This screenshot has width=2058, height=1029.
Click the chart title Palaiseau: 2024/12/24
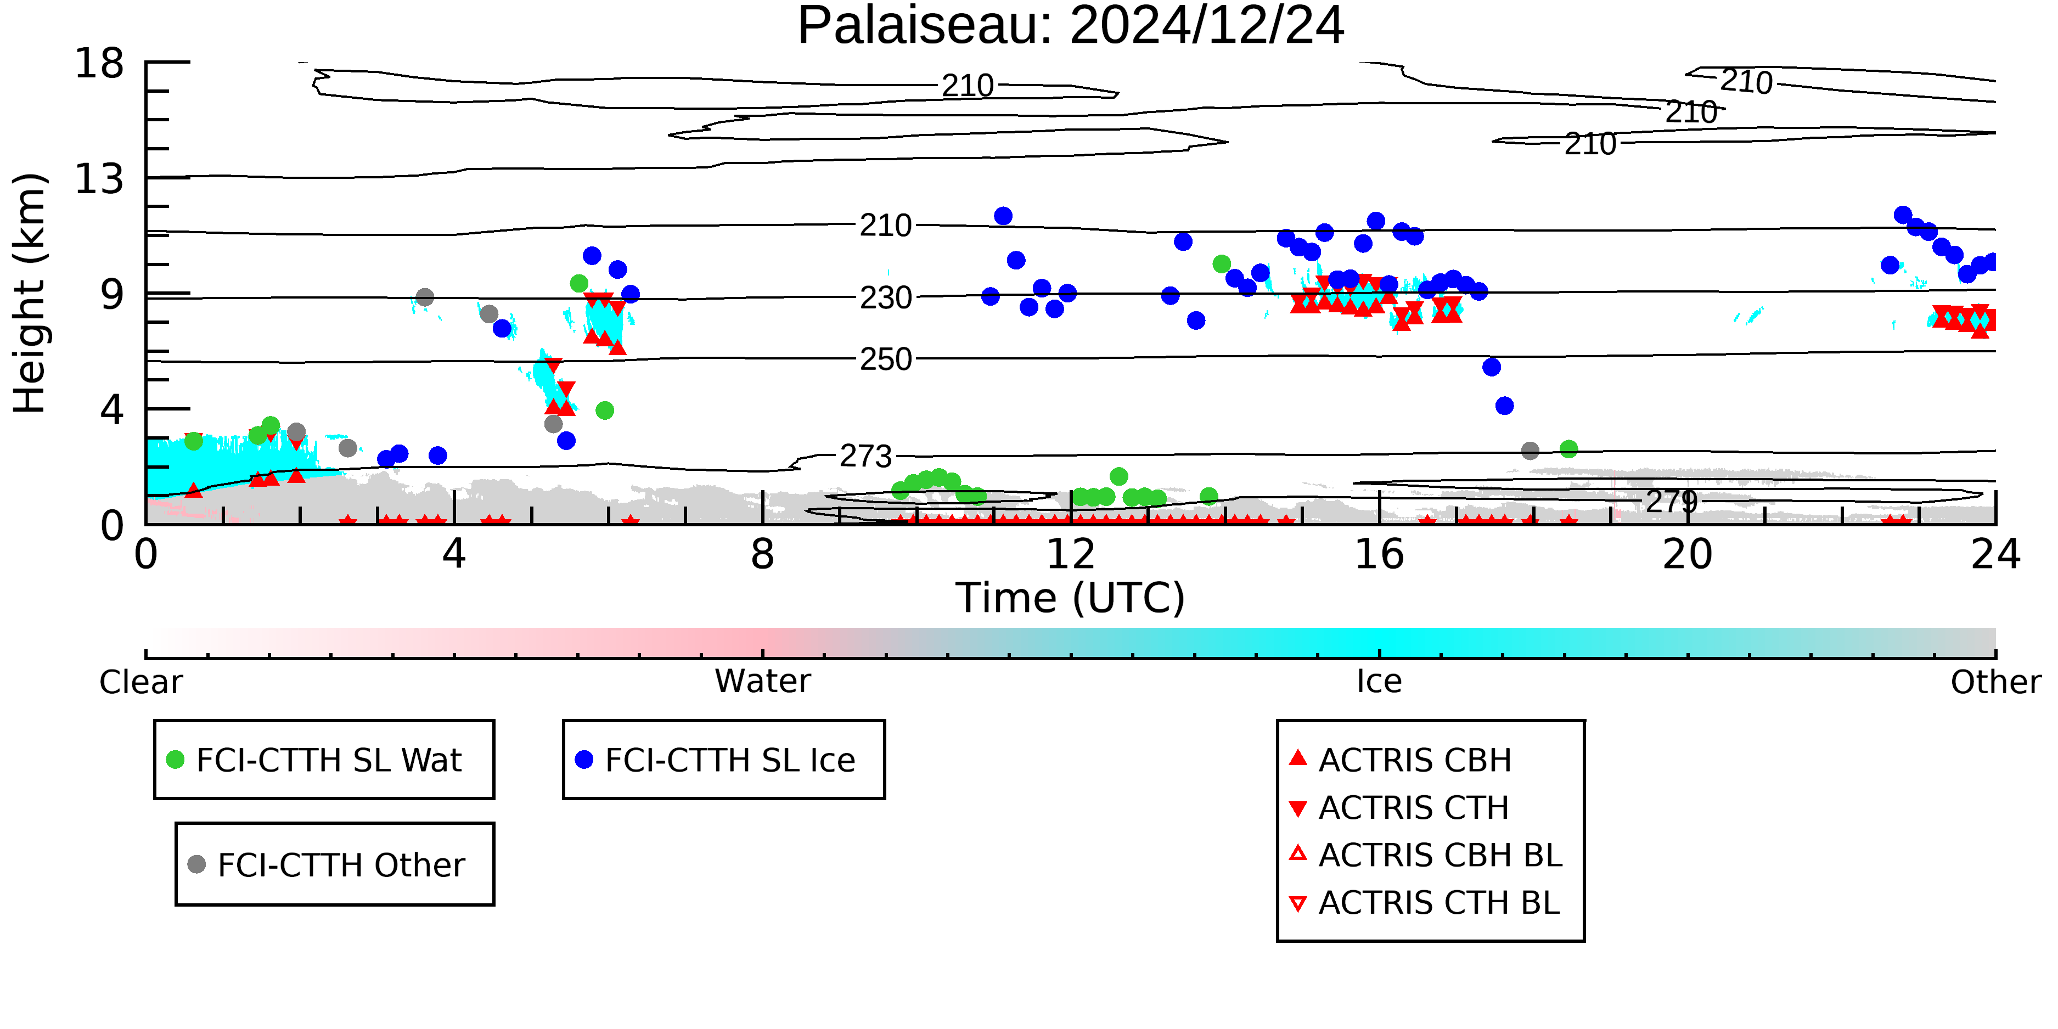[1071, 26]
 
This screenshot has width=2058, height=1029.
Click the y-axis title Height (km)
[30, 293]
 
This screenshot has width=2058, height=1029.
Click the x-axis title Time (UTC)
[1071, 598]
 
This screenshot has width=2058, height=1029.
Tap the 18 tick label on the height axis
[99, 63]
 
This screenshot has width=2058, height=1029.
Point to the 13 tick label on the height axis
[99, 179]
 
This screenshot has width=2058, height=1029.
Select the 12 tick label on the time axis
[1071, 554]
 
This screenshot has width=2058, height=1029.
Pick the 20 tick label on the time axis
[1688, 554]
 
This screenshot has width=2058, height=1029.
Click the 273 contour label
[866, 456]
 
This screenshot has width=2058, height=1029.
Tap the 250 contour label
[886, 359]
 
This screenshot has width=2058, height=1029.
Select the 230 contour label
[886, 298]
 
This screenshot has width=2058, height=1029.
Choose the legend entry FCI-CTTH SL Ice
[715, 760]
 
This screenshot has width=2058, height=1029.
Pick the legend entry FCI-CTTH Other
[326, 864]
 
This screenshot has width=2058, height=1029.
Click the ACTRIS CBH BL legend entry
[1426, 855]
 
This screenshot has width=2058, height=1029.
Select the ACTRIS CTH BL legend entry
[1425, 903]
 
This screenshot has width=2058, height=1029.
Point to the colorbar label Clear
[142, 682]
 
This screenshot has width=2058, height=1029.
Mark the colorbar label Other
[1995, 682]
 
